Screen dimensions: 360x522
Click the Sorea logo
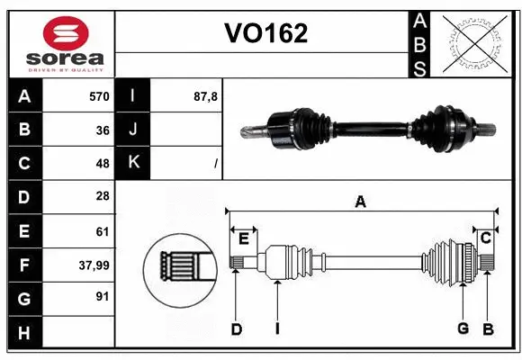pyautogui.click(x=58, y=41)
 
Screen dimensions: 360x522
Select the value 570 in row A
pyautogui.click(x=98, y=95)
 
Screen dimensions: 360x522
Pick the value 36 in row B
pyautogui.click(x=102, y=129)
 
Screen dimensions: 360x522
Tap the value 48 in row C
pyautogui.click(x=102, y=163)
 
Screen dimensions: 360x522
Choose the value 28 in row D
pyautogui.click(x=102, y=196)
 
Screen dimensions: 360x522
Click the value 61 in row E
pyautogui.click(x=102, y=230)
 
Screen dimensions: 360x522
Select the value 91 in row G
pyautogui.click(x=102, y=296)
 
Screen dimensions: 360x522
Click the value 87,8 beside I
pyautogui.click(x=206, y=95)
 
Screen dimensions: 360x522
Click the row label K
pyautogui.click(x=133, y=163)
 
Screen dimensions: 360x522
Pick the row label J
pyautogui.click(x=133, y=129)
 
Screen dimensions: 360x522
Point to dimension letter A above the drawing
pyautogui.click(x=360, y=202)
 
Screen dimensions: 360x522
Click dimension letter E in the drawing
pyautogui.click(x=243, y=237)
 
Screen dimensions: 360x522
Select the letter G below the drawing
pyautogui.click(x=463, y=328)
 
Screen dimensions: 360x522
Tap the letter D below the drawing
pyautogui.click(x=236, y=328)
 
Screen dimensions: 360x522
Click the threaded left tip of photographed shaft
pyautogui.click(x=248, y=131)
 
